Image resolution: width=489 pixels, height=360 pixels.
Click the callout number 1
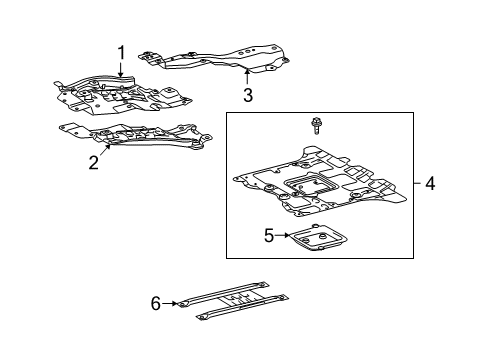coord(122,52)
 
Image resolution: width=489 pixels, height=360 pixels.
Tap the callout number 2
coord(93,163)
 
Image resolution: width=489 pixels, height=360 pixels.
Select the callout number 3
coord(248,96)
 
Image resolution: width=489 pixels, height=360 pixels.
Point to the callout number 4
coord(430,184)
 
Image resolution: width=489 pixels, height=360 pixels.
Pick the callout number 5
coord(241,236)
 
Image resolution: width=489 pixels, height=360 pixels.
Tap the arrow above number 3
coord(247,78)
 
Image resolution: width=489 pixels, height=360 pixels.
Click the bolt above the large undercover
coord(316,126)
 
